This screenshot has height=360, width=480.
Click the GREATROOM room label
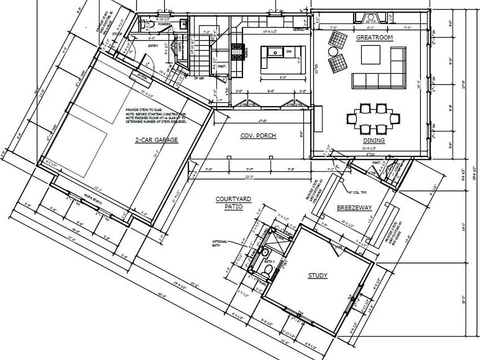pos(373,37)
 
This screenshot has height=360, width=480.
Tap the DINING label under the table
pos(373,140)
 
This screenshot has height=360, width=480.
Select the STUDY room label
pos(317,275)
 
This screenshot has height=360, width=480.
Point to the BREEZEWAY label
pos(354,207)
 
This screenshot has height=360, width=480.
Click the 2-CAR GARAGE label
pos(156,139)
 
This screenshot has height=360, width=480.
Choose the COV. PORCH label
pos(258,135)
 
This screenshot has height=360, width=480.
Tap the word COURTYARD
pos(233,199)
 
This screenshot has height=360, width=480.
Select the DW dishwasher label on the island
pos(288,51)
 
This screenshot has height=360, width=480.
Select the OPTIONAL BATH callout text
pos(220,244)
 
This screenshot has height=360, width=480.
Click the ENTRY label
pos(152,45)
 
